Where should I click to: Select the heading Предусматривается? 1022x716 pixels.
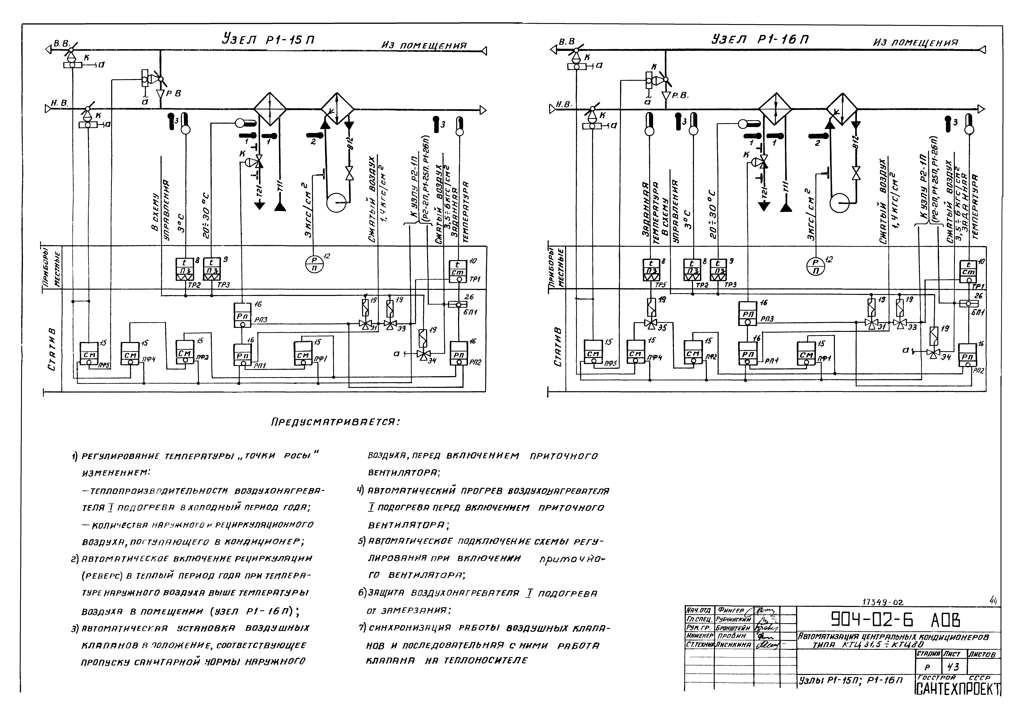335,422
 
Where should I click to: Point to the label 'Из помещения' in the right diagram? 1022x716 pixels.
915,43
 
